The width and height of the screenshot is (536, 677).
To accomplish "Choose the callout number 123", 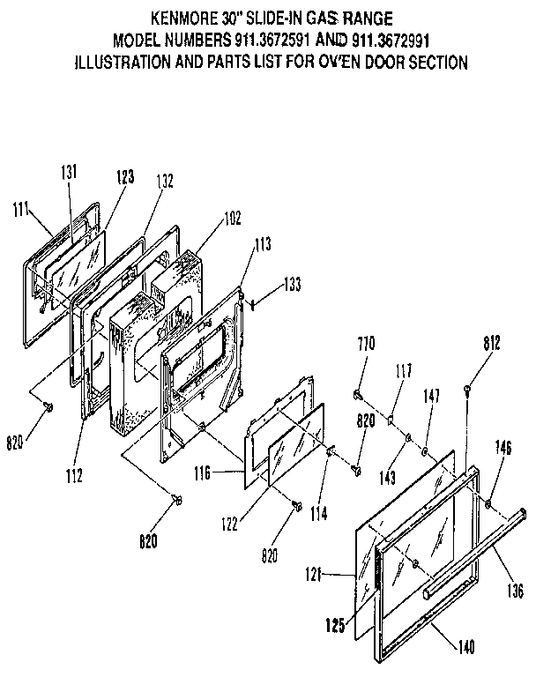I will pyautogui.click(x=123, y=176).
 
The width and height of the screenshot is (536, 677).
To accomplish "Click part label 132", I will pyautogui.click(x=165, y=182).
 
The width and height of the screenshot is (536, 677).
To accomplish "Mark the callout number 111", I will pyautogui.click(x=22, y=209).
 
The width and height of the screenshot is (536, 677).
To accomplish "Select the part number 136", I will pyautogui.click(x=515, y=591).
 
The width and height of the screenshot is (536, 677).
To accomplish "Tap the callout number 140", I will pyautogui.click(x=466, y=647).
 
